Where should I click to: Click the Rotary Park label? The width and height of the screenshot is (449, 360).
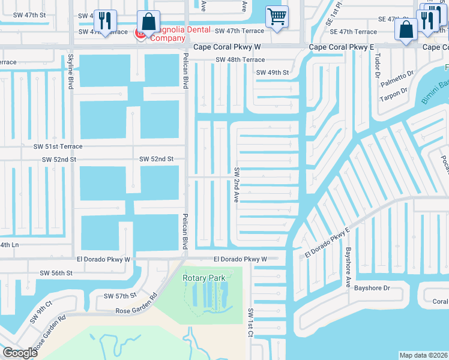204,278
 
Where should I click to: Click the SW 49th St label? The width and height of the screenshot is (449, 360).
273,73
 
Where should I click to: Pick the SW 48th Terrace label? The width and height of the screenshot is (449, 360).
240,60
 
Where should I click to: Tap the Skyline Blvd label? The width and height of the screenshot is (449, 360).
70,71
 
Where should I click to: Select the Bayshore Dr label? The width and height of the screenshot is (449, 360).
372,288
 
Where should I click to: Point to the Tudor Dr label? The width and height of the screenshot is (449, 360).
377,62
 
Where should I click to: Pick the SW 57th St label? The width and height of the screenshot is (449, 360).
120,296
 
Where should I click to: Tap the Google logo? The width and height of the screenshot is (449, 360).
19,353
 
